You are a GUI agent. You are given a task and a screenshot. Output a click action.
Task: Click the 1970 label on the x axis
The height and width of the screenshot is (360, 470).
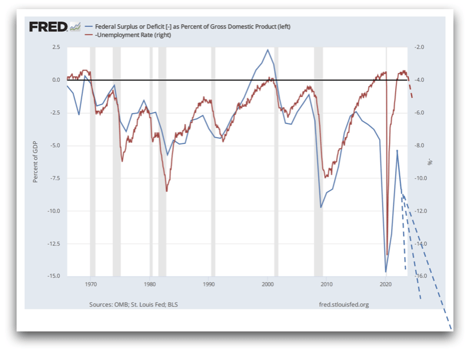coord(91,283)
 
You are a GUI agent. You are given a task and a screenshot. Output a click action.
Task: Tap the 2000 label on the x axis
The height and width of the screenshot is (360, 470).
coord(268,283)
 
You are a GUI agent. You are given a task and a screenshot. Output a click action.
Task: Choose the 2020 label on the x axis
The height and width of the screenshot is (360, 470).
coord(386,283)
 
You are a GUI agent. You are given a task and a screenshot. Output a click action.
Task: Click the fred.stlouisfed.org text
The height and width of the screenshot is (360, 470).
coord(344,305)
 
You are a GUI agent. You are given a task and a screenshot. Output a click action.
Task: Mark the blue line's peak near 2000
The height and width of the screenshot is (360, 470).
coord(268,50)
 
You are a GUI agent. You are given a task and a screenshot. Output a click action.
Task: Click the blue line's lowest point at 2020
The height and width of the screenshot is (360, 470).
coord(386,272)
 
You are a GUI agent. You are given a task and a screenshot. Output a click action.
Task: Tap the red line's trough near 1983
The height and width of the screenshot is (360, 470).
coord(166,191)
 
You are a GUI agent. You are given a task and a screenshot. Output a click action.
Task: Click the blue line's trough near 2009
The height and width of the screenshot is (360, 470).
coord(321,207)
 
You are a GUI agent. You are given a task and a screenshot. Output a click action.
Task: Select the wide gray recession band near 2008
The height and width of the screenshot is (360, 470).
coord(318,160)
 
